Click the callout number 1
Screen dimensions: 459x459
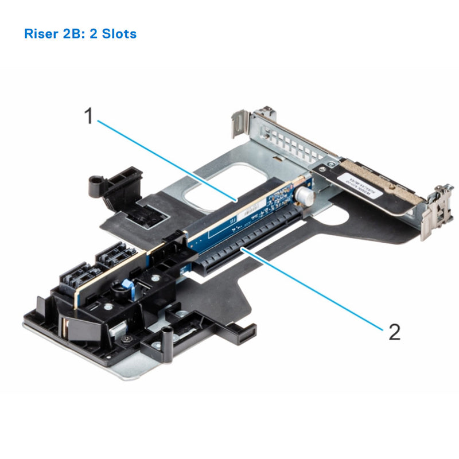coord(89,116)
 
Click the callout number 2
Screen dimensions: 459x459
coord(394,332)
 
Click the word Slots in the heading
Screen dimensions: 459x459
coord(118,33)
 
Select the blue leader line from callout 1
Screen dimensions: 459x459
coord(166,158)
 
